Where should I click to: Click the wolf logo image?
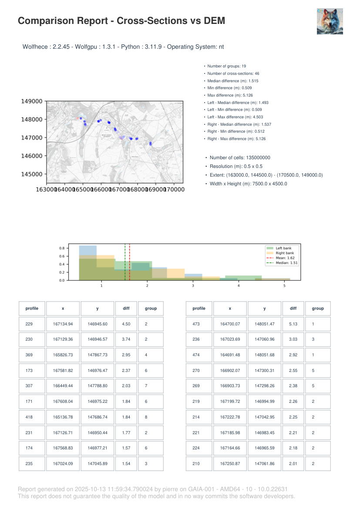click(330, 21)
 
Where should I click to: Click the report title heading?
click(121, 21)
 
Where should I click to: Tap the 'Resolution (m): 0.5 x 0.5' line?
click(236, 166)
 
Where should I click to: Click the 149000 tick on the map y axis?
click(32, 101)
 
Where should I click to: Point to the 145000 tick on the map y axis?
click(32, 174)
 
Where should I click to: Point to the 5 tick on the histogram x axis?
click(284, 285)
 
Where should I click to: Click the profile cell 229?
click(32, 324)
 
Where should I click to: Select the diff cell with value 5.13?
click(293, 324)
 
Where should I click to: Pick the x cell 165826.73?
click(63, 355)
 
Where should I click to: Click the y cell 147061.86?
click(265, 463)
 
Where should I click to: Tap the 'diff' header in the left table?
click(126, 308)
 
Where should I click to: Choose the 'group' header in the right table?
click(318, 308)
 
